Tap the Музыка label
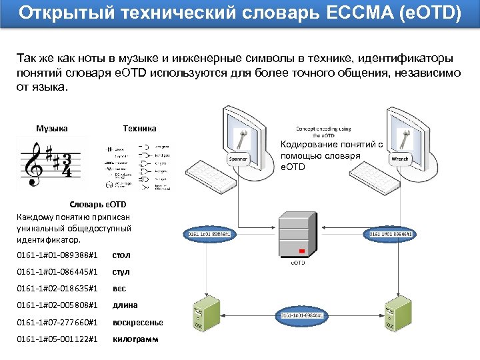(x=52, y=128)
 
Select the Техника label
(x=140, y=128)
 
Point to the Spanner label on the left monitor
(x=238, y=159)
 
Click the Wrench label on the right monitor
(x=400, y=159)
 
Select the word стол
(x=121, y=255)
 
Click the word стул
(x=121, y=272)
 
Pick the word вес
(x=119, y=289)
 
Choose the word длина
(x=125, y=306)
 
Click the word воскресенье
(x=137, y=323)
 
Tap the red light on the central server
(x=302, y=251)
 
